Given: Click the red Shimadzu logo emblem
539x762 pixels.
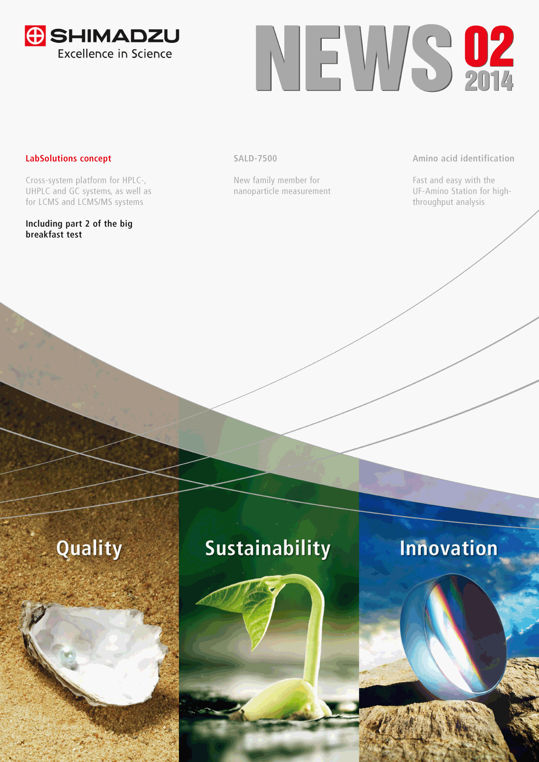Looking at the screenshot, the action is pyautogui.click(x=35, y=36).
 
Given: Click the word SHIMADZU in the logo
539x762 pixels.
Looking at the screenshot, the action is pyautogui.click(x=115, y=36).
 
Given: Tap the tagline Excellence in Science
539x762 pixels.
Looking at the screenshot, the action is pyautogui.click(x=115, y=54).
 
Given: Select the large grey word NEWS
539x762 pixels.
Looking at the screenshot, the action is pyautogui.click(x=354, y=58).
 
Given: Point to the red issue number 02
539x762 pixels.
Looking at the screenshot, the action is pyautogui.click(x=489, y=46).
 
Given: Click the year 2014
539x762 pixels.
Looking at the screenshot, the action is pyautogui.click(x=489, y=81).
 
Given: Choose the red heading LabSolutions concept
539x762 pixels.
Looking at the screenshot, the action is pyautogui.click(x=68, y=158).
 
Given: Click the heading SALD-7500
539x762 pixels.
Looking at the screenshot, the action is pyautogui.click(x=255, y=158).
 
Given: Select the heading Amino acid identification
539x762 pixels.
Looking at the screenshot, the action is pyautogui.click(x=463, y=158).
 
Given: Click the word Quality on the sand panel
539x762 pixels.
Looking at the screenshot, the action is pyautogui.click(x=89, y=549).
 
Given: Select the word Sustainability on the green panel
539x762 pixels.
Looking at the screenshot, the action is pyautogui.click(x=268, y=549).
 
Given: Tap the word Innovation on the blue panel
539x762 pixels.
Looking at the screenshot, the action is pyautogui.click(x=449, y=548).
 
